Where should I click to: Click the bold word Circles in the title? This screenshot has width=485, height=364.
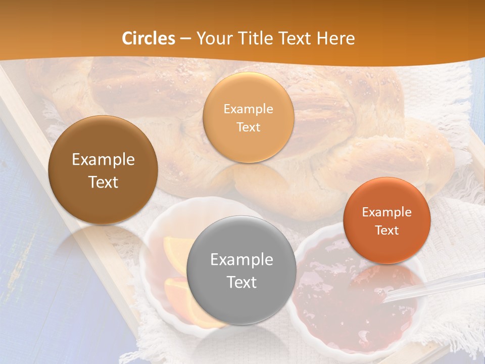click(x=149, y=38)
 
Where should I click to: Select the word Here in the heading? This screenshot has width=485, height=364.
click(x=335, y=38)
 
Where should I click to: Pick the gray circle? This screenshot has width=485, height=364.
click(x=241, y=303)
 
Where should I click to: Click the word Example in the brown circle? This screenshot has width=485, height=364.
click(x=103, y=160)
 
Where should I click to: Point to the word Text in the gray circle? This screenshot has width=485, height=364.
click(x=241, y=282)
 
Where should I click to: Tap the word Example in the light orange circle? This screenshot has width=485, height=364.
click(x=248, y=109)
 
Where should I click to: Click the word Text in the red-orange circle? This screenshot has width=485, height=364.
click(x=387, y=230)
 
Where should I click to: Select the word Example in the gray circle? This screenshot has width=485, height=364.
click(x=241, y=260)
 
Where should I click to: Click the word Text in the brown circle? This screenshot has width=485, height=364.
click(x=103, y=182)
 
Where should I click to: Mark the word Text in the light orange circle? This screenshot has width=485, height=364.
click(x=248, y=127)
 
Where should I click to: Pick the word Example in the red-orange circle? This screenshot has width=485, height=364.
click(x=387, y=212)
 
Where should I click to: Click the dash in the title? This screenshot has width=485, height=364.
click(x=185, y=39)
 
